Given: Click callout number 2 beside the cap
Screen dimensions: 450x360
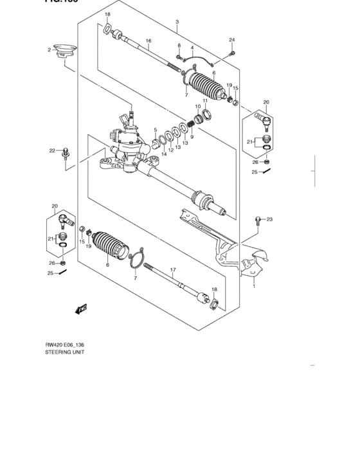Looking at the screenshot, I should [x=48, y=50].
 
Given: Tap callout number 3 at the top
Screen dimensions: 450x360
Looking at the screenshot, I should [x=176, y=22].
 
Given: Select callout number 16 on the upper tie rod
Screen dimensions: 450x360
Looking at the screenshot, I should [x=148, y=41].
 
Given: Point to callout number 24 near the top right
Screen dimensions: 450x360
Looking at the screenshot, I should [x=232, y=40].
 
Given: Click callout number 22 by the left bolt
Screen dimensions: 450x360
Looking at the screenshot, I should [x=52, y=150].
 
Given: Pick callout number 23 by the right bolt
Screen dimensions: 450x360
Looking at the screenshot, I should [x=269, y=219].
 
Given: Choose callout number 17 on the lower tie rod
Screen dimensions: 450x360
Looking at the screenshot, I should [x=172, y=269].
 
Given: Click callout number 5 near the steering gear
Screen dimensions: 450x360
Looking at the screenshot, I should [x=155, y=130].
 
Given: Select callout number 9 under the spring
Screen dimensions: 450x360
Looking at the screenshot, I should [x=191, y=136].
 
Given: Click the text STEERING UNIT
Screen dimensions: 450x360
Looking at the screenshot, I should [x=65, y=352].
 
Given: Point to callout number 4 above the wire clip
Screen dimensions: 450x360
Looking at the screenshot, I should [x=192, y=48].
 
